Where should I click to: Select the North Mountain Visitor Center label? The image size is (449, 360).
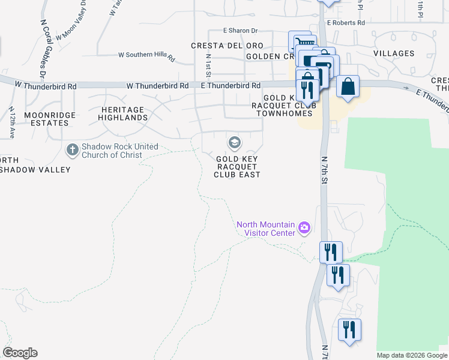click(x=266, y=229)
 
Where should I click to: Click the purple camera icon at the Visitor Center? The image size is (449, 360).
click(x=304, y=227)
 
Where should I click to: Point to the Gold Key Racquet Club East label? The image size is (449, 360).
click(x=237, y=167)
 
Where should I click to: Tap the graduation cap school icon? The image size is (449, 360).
click(x=234, y=143)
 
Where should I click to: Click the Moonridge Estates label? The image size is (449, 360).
click(x=46, y=118)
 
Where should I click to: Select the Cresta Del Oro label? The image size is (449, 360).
click(x=227, y=46)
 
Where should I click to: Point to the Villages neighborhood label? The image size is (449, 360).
click(x=393, y=53)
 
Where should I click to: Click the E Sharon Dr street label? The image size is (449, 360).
click(x=240, y=31)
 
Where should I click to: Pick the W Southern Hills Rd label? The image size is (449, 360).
click(x=146, y=56)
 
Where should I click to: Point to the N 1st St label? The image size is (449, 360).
click(x=208, y=65)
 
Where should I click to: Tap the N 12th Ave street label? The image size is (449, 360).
click(x=12, y=123)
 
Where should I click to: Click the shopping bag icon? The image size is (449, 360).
click(x=348, y=86)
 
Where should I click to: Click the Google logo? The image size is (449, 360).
click(x=20, y=353)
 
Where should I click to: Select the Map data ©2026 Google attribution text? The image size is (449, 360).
click(x=412, y=355)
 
